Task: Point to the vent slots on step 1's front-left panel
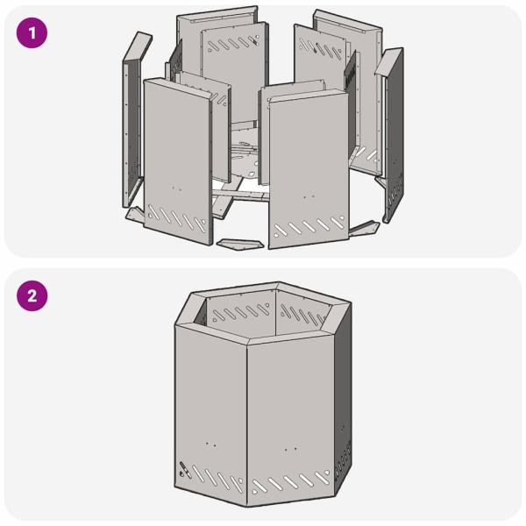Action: point(179,216)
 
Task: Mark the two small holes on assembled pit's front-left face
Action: point(210,444)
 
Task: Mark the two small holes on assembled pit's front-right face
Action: point(289,450)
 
